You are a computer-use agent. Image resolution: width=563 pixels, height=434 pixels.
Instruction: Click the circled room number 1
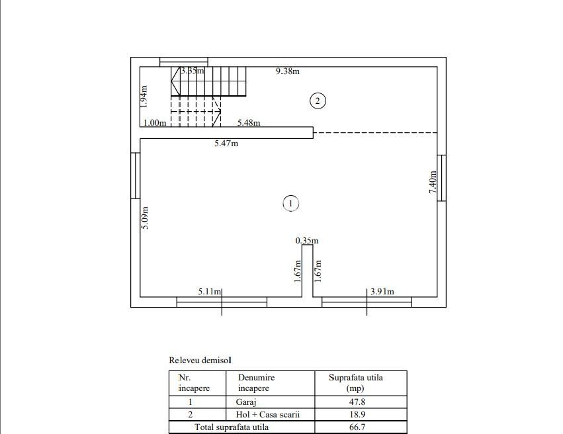(x=290, y=204)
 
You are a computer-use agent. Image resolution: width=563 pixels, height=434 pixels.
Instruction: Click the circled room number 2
(x=318, y=101)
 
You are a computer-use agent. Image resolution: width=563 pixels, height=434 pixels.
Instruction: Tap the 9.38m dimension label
(x=288, y=71)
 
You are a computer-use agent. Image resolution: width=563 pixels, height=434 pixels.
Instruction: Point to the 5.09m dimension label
(x=145, y=218)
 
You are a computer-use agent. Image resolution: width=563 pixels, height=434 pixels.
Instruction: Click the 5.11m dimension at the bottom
(x=210, y=291)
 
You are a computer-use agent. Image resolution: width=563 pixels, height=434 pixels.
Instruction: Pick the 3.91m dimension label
(x=382, y=291)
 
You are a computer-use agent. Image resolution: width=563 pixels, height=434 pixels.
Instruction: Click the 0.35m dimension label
(x=307, y=241)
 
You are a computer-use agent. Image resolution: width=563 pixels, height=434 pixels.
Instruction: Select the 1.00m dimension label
(x=154, y=122)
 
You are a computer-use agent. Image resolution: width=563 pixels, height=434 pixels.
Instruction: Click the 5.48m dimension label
(x=249, y=122)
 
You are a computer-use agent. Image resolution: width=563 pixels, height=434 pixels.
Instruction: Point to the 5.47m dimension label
(x=226, y=143)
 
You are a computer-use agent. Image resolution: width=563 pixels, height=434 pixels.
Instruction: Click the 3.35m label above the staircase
(x=193, y=71)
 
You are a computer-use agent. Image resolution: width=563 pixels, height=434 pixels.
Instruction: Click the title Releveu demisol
(x=200, y=361)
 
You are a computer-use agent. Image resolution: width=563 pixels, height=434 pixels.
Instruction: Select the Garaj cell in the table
(x=245, y=402)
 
